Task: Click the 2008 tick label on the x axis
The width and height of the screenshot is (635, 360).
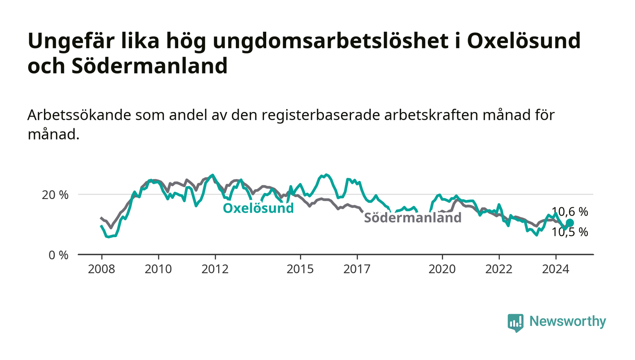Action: (x=102, y=269)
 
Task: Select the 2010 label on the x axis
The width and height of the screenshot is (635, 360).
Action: (x=158, y=269)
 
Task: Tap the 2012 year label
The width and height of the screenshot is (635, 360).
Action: (x=215, y=269)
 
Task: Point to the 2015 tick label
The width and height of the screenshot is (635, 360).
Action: (x=300, y=269)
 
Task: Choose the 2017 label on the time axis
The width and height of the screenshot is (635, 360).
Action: (x=357, y=269)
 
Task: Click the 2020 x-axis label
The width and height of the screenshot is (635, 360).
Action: (x=442, y=269)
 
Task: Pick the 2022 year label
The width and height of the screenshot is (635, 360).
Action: (x=499, y=269)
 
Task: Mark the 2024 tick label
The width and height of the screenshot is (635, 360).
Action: (x=556, y=269)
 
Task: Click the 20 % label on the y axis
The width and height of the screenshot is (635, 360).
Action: (x=55, y=195)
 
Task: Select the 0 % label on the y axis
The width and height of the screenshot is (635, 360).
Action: (x=59, y=255)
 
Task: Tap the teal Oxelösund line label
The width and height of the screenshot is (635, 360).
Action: (x=258, y=208)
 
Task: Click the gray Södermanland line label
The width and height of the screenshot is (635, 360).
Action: (x=413, y=218)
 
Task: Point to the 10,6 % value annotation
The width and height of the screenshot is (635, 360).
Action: (x=570, y=212)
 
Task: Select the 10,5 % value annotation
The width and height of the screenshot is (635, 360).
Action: (x=570, y=233)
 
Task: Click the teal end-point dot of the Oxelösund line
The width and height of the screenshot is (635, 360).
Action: (x=570, y=223)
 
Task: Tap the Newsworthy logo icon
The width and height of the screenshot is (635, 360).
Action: (x=516, y=323)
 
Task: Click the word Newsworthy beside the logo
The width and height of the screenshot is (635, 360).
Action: (x=568, y=321)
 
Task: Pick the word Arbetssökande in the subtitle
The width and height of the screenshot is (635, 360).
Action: (x=79, y=115)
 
